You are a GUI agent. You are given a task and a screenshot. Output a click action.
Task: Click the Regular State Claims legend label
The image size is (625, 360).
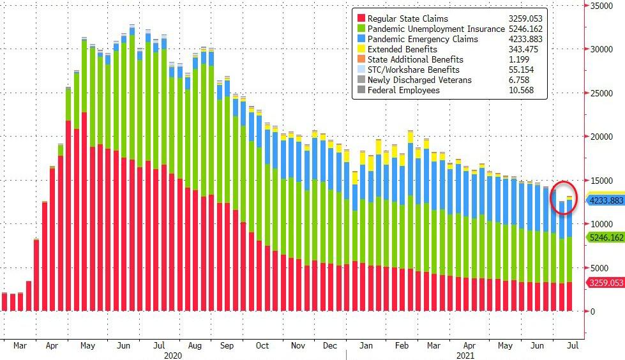pos(413,19)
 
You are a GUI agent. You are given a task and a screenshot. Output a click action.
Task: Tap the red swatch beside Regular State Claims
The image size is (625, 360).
pos(362,19)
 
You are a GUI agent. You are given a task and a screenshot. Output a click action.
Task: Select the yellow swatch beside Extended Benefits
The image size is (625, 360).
pos(362,49)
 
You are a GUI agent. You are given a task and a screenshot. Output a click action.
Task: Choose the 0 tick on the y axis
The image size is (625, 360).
pos(592,311)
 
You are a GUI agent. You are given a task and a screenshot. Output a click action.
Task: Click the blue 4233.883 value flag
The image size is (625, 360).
pos(605,200)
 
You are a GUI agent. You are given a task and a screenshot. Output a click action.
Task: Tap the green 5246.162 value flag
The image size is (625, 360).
pos(605,237)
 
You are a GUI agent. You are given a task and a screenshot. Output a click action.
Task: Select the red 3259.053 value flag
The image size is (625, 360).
pos(605,283)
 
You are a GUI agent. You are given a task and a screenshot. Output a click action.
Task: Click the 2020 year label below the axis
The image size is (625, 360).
pos(174,354)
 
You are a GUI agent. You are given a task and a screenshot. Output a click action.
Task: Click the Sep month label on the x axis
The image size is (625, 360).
pos(226,345)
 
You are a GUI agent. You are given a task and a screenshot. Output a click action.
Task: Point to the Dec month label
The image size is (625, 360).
pos(329,345)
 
